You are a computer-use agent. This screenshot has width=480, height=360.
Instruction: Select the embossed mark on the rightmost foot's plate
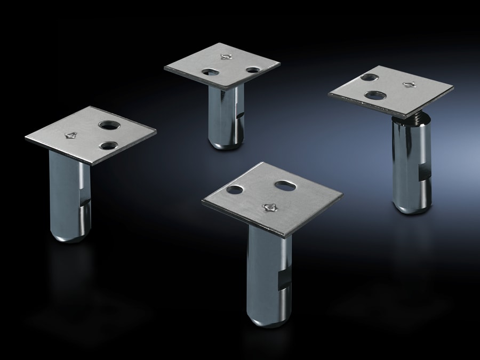pos(410,84)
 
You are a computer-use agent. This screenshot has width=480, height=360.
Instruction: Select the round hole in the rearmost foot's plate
pos(252,70)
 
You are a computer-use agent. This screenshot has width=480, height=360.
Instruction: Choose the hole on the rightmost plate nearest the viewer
pos(377,95)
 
